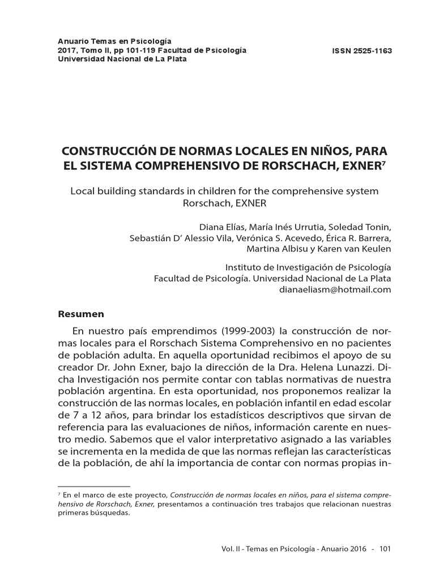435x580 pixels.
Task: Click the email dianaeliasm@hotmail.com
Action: [335, 289]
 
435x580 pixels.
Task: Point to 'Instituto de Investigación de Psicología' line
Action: [308, 267]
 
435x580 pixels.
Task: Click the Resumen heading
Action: [81, 314]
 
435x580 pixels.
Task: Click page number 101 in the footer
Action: [385, 548]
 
